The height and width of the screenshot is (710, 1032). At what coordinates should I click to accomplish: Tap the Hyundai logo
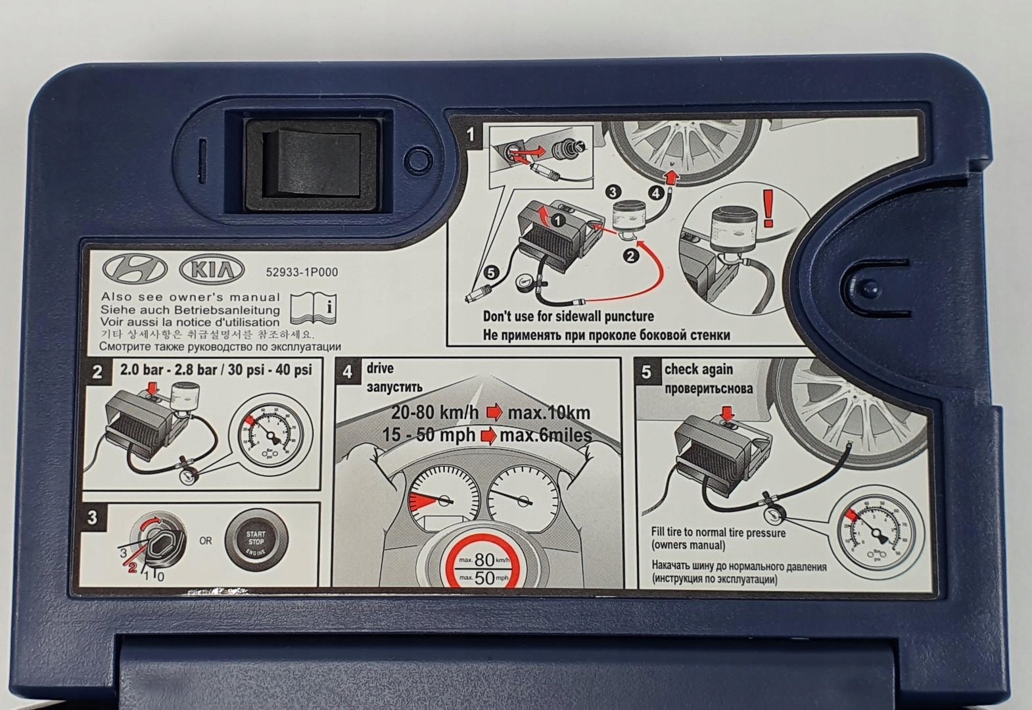(136, 270)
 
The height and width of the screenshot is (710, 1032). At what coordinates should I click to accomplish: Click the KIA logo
(211, 270)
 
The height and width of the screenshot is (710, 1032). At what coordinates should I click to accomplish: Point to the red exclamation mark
(767, 208)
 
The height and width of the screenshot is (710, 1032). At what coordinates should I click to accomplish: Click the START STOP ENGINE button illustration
(256, 541)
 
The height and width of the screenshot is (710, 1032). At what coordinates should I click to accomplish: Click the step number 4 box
(347, 372)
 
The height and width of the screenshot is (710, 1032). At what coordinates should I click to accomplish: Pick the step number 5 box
(646, 372)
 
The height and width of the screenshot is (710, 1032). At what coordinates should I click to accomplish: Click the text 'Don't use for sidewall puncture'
(569, 316)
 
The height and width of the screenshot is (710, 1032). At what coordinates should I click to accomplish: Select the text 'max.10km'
(549, 414)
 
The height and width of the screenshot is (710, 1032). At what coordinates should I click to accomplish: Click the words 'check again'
(698, 369)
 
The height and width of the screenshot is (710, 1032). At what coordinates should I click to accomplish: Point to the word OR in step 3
(205, 541)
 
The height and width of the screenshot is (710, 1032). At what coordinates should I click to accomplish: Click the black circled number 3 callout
(613, 192)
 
